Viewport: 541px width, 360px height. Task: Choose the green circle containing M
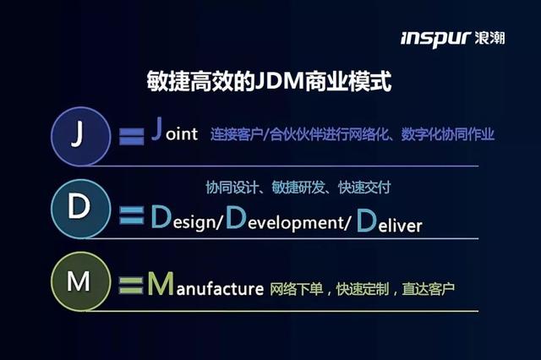tap(78, 281)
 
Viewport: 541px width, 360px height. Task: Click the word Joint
tap(174, 133)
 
